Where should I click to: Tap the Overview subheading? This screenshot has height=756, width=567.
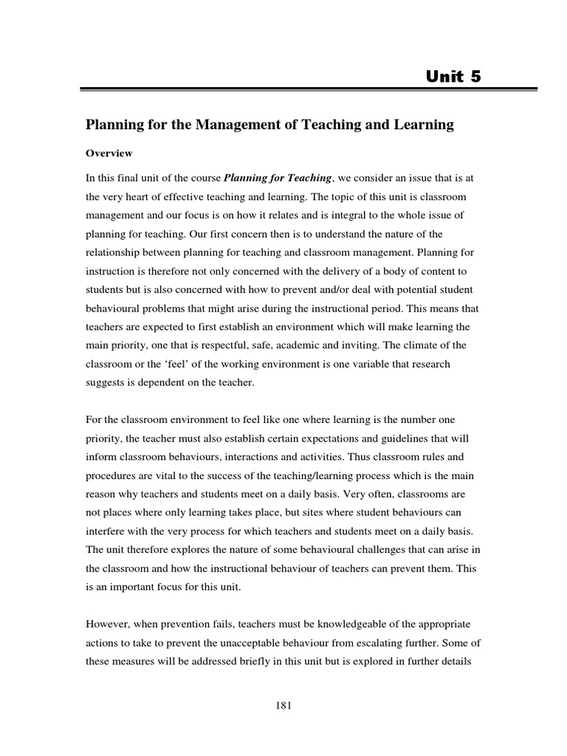(x=109, y=154)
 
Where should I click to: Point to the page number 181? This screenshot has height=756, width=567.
(x=283, y=706)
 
